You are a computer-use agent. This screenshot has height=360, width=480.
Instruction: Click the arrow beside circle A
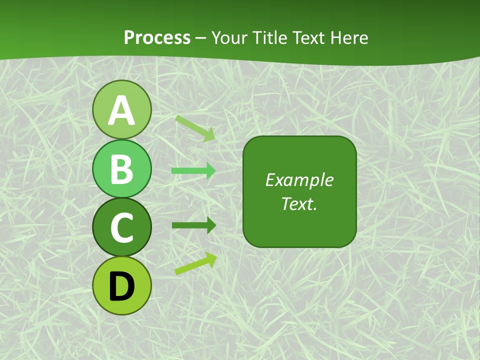pos(195,127)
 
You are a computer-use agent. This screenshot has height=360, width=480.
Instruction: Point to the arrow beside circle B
pos(193,170)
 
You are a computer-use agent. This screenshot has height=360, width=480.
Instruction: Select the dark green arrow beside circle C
pos(194,225)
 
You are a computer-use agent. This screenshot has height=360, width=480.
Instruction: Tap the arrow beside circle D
pos(196,263)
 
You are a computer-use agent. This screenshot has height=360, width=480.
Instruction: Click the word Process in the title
pos(157,37)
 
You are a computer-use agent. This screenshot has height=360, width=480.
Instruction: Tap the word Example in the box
pos(299,180)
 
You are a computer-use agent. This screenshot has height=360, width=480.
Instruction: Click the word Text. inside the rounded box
pos(299,203)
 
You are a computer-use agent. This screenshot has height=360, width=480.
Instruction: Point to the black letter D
pos(122,286)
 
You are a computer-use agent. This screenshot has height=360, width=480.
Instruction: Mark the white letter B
pos(122,169)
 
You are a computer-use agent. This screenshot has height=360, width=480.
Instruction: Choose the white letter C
pos(122,227)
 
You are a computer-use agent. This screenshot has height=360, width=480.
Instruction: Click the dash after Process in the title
pos(201,38)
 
